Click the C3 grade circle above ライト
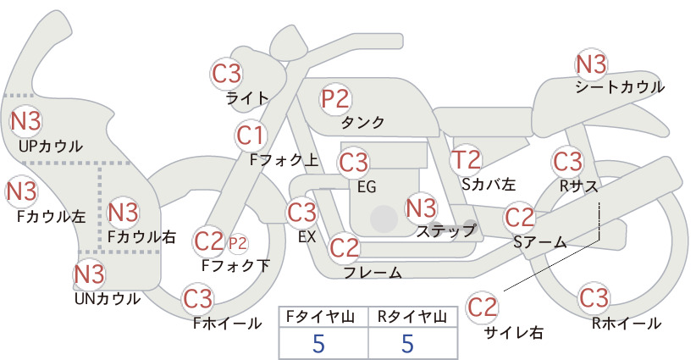tap(226, 74)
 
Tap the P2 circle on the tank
tap(335, 98)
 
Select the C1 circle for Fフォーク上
tap(251, 136)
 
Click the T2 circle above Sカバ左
tap(466, 160)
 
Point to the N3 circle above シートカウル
tap(591, 64)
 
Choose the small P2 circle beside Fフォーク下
tap(237, 244)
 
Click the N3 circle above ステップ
tap(421, 208)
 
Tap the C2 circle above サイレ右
tap(482, 307)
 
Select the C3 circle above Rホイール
tap(594, 298)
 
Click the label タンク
tap(362, 122)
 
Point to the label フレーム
tap(373, 272)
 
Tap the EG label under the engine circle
tap(367, 187)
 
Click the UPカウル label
tap(51, 146)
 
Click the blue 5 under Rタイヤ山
tap(407, 343)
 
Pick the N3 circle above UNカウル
tap(89, 274)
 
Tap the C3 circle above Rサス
tap(567, 162)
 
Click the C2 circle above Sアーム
tap(519, 218)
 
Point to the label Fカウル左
tap(51, 217)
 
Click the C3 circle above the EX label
tap(301, 212)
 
